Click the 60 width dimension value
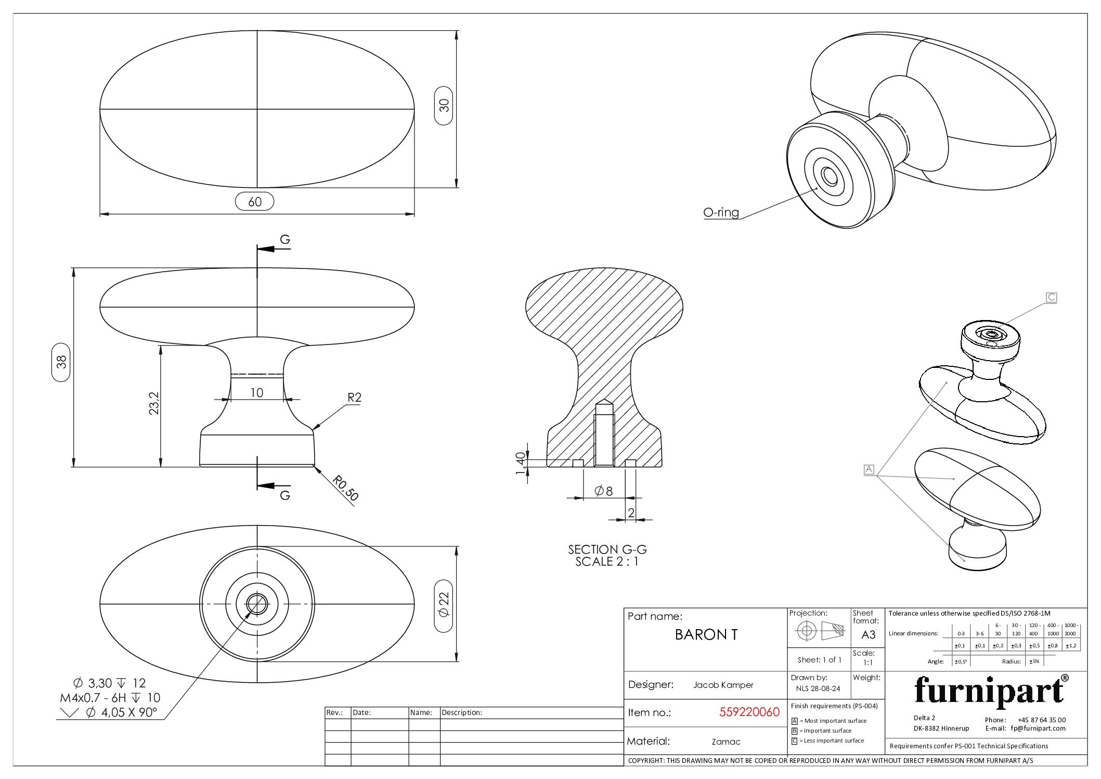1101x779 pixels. (254, 202)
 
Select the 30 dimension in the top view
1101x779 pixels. (444, 106)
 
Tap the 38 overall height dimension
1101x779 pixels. (61, 362)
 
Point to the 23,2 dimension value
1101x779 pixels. (154, 403)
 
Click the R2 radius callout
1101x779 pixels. (354, 398)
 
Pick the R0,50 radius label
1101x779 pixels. (345, 488)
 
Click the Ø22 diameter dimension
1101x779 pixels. (444, 605)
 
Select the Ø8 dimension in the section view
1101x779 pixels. (604, 491)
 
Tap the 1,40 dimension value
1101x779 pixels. (521, 463)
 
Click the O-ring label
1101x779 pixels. (721, 212)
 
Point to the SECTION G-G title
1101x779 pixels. (607, 550)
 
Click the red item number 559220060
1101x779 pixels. (749, 712)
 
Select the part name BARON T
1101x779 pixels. (706, 635)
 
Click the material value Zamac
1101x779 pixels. (726, 742)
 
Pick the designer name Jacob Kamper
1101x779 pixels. (723, 685)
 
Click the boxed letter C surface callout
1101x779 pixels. (1051, 298)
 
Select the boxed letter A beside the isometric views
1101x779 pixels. (869, 469)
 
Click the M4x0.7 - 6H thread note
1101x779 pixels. (110, 698)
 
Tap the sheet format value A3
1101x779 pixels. (868, 635)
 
